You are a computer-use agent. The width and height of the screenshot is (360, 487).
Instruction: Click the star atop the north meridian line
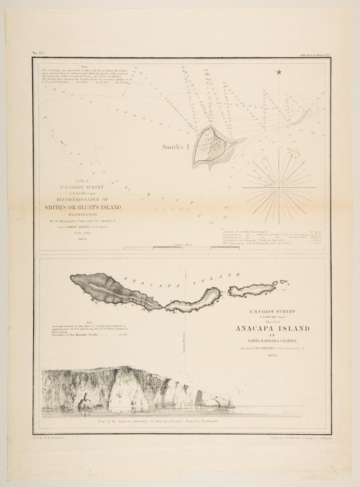click(279, 72)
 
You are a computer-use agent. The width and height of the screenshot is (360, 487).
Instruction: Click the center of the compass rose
click(279, 187)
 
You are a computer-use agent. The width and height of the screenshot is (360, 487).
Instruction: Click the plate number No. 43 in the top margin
click(38, 53)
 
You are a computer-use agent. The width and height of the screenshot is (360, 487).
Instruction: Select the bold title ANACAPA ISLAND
click(272, 329)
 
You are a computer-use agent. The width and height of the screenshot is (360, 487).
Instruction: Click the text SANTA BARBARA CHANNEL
click(272, 341)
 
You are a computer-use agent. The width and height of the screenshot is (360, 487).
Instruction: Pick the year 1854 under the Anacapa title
click(272, 356)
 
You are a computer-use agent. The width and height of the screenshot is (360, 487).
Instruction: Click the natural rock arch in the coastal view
click(213, 402)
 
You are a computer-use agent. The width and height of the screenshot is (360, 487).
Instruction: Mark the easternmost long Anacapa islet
click(252, 289)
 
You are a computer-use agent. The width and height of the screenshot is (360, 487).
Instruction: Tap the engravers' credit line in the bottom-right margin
click(297, 436)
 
